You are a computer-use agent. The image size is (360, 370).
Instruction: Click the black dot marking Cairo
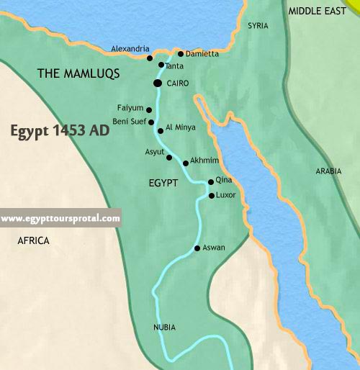(x=158, y=84)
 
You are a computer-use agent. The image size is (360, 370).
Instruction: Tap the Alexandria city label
(x=130, y=49)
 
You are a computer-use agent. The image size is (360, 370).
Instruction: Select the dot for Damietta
(x=180, y=54)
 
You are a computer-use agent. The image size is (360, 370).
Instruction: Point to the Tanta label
(x=174, y=66)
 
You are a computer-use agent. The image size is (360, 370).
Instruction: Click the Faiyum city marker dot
(x=149, y=110)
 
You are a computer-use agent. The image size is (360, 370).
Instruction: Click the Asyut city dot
(x=169, y=157)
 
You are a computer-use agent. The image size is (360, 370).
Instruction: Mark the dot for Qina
(x=210, y=182)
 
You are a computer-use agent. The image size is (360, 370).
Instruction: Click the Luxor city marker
(x=211, y=195)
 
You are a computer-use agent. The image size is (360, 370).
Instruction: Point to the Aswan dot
(x=197, y=249)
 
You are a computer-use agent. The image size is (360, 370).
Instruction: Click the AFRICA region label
(x=33, y=241)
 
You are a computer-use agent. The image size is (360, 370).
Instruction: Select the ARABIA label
(x=330, y=171)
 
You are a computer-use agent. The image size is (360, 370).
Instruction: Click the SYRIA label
(x=258, y=26)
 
